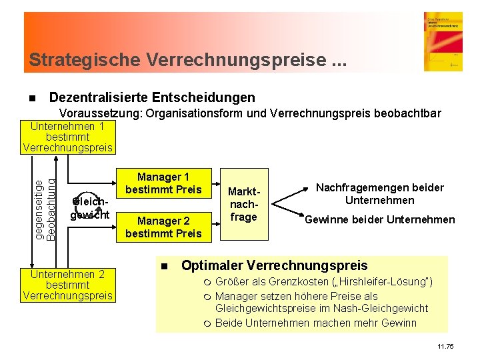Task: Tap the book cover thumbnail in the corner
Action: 442,41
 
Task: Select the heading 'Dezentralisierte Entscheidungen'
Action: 152,97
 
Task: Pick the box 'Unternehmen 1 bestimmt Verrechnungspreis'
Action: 67,137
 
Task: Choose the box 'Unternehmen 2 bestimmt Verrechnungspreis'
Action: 67,285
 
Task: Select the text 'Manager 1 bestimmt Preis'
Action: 163,183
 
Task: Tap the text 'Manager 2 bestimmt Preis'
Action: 163,227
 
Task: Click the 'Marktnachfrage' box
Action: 243,203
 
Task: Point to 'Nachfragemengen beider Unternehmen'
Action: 379,194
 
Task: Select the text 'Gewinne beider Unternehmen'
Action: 379,220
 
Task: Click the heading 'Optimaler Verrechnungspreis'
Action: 274,265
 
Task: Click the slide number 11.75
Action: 445,347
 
